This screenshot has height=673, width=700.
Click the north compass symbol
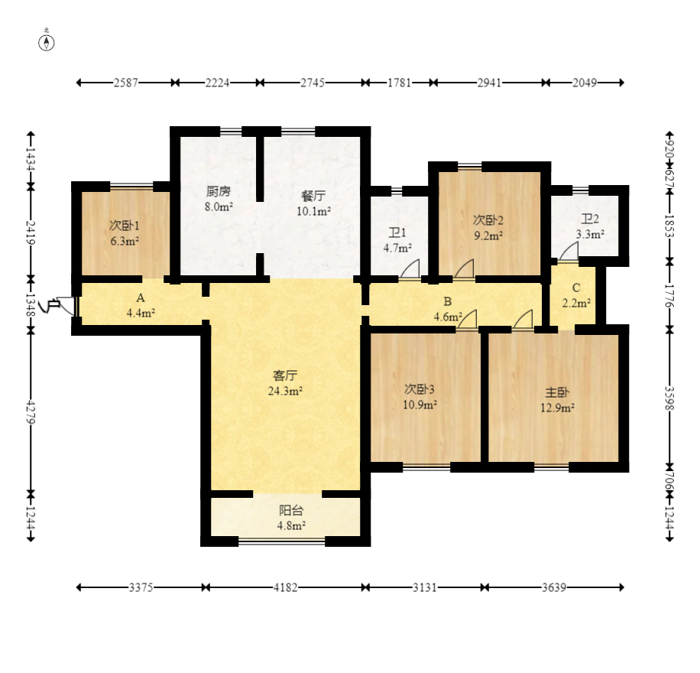click(x=47, y=43)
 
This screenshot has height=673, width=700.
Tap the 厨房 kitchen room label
click(x=219, y=192)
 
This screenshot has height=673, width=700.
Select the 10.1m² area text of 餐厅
click(x=314, y=211)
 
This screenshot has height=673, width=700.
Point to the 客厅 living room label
click(x=285, y=376)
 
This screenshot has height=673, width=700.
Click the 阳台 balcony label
click(x=291, y=510)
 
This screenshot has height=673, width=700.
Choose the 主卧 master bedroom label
click(x=556, y=392)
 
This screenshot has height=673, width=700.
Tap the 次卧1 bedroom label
click(x=124, y=226)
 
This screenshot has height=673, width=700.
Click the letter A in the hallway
click(x=141, y=297)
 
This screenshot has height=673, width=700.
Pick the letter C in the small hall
click(x=576, y=288)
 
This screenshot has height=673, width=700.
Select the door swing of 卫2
click(x=569, y=252)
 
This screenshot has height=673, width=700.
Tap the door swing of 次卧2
click(x=465, y=269)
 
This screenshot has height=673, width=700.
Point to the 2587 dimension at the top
click(x=126, y=83)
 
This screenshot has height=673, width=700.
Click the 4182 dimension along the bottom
click(x=285, y=587)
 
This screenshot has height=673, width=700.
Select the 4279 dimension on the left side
click(x=31, y=412)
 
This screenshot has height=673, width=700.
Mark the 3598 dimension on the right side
click(x=669, y=398)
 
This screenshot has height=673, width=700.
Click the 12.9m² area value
click(x=557, y=408)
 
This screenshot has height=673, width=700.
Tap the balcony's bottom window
click(x=282, y=542)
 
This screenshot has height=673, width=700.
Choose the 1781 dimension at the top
click(x=399, y=83)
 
